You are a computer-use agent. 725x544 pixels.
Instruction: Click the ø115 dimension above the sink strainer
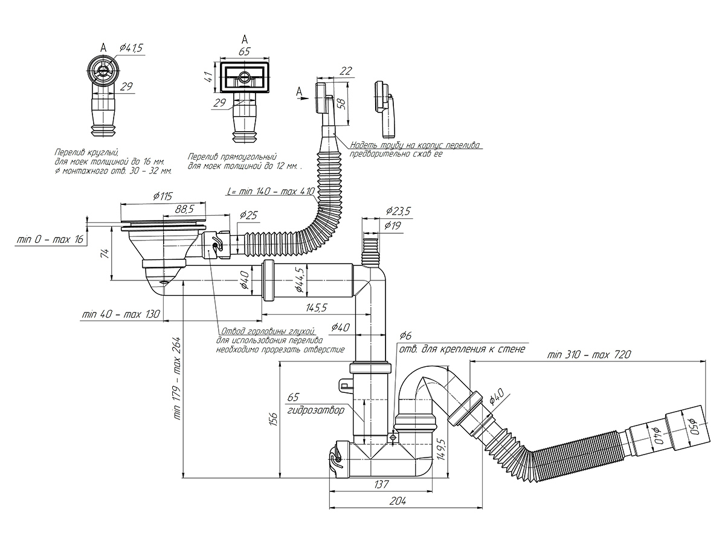163,196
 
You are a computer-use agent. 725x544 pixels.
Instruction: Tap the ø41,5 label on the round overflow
131,48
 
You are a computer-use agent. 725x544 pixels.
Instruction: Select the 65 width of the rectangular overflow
244,52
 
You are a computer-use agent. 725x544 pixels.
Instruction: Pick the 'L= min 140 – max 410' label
271,192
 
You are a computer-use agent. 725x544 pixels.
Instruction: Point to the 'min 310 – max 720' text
588,354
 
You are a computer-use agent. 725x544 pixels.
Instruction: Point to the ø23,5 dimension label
398,211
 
